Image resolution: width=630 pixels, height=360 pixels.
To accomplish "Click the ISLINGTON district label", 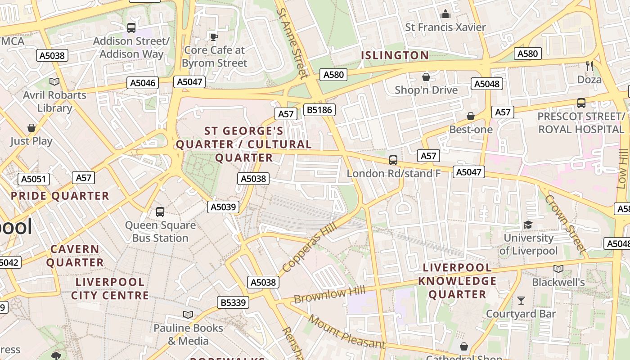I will point(395,55).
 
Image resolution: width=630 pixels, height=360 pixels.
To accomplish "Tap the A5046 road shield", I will point(143,83).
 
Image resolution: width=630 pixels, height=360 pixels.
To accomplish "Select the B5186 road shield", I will point(319,110).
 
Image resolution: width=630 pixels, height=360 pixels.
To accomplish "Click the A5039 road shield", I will point(223,207).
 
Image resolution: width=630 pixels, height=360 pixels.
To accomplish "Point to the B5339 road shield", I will point(233,302).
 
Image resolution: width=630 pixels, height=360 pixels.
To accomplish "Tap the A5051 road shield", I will point(34,179).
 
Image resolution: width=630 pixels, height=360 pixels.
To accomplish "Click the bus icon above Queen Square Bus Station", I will point(160,211).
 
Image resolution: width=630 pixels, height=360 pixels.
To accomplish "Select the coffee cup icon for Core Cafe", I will point(214,36).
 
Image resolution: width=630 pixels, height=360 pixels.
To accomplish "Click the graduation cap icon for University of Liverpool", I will point(528,225).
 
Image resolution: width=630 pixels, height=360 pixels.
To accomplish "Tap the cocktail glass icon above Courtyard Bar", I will point(521,300).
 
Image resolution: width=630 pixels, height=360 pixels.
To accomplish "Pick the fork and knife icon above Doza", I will point(589,66).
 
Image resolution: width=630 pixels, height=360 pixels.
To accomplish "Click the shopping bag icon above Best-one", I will point(471,116).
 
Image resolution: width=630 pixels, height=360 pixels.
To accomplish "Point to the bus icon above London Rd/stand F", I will point(393,160).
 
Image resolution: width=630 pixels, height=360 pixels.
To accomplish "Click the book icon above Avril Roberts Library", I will point(54,81).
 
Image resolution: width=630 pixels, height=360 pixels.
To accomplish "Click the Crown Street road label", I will point(565,223).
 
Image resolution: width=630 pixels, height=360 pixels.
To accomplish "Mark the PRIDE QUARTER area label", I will point(60,196).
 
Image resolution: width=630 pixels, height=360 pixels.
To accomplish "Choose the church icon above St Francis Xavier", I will point(445,14).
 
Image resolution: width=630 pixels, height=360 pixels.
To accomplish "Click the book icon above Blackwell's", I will point(558,269).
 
